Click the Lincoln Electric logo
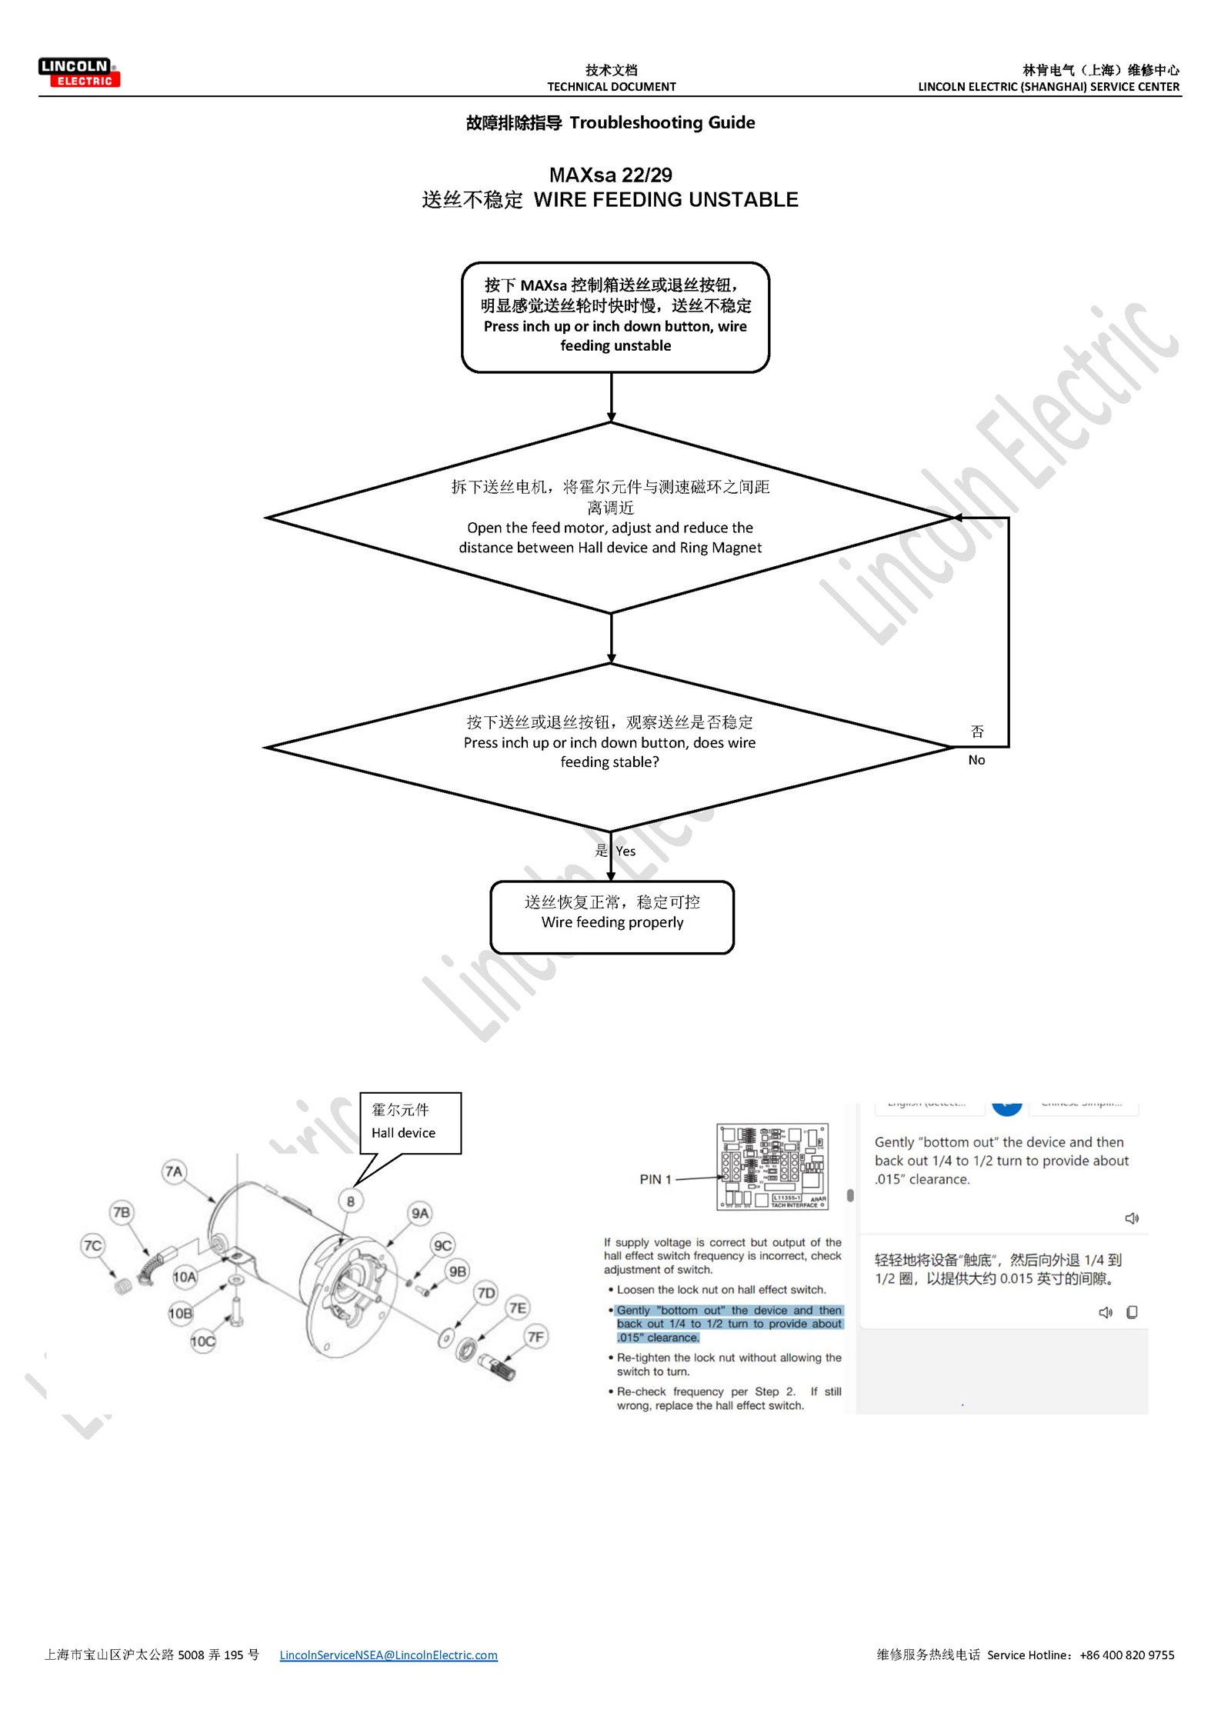[79, 73]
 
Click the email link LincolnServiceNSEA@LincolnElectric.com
[389, 1654]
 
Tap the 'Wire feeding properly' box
[612, 917]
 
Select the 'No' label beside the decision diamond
[976, 760]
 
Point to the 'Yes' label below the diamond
[626, 851]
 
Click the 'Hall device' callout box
[410, 1122]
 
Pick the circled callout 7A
[174, 1171]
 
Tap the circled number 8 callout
[351, 1201]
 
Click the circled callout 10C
[203, 1341]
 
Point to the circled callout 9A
[420, 1214]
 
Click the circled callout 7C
[93, 1245]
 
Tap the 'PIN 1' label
[656, 1179]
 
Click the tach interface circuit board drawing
[772, 1166]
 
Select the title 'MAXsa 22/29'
[610, 175]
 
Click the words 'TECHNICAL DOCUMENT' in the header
[611, 87]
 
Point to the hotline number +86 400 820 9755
[1126, 1654]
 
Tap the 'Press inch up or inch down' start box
[615, 317]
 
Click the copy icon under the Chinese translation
[1132, 1312]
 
